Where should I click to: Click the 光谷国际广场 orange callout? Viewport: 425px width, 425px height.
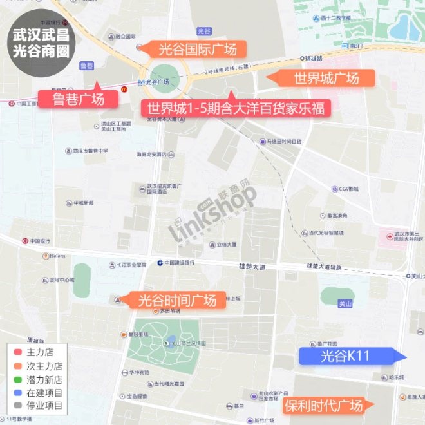193,49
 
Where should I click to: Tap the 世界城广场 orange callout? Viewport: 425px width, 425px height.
326,79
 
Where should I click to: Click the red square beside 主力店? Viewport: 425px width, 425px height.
18,353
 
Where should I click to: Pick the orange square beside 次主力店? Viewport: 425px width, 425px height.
18,366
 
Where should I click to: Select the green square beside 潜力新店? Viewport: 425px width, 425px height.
18,380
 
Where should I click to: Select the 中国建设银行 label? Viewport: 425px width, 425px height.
184,263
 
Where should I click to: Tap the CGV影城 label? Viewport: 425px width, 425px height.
348,189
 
